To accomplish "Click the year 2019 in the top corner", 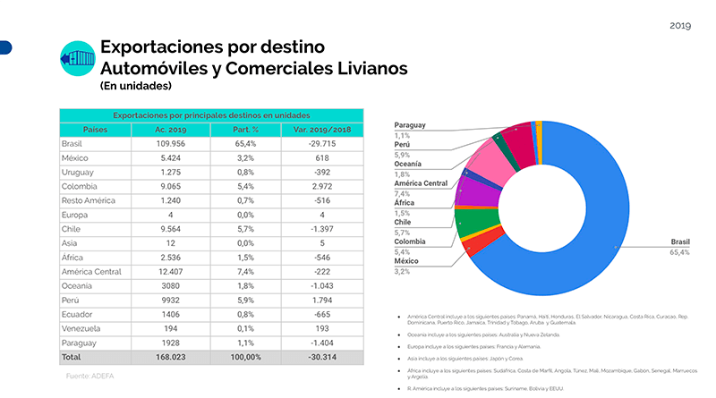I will click(680, 25).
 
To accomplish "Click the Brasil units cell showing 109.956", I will click(170, 143).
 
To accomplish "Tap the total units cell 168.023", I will click(170, 356).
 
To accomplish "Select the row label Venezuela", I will click(81, 327).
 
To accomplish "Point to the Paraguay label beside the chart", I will click(410, 125).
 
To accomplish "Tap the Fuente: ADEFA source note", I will click(90, 377).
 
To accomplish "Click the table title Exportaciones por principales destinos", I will click(212, 115).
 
